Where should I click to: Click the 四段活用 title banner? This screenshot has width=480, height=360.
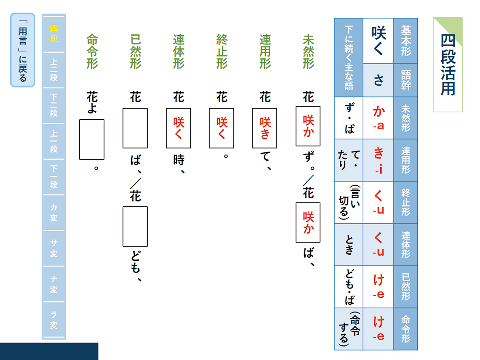point(447,64)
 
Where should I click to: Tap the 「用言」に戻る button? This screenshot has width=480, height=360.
point(22,50)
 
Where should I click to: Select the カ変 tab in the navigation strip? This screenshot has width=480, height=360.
point(54,213)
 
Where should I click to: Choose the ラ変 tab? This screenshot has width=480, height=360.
point(54,320)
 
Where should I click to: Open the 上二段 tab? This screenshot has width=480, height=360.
point(54,70)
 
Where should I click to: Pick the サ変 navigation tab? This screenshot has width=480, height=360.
point(54,249)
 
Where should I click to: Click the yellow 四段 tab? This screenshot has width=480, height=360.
point(54,34)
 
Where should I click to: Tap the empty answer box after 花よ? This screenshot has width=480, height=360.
point(91,139)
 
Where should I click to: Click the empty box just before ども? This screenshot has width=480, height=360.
point(135,226)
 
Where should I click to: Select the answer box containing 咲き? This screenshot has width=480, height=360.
point(265,128)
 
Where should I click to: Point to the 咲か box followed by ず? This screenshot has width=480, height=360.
point(308,126)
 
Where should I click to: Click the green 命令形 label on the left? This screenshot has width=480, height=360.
point(92,51)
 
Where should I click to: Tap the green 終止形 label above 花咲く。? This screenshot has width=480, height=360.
point(222,51)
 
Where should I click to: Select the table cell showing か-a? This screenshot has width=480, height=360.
point(378,118)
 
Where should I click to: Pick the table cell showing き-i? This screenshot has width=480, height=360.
point(378,160)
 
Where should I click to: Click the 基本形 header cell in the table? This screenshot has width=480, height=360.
point(406,40)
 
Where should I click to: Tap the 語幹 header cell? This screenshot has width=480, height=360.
point(406,80)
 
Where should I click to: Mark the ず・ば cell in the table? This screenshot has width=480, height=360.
point(348,118)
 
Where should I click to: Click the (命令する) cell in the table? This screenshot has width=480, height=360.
point(348,329)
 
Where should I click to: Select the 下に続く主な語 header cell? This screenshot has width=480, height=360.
point(348,57)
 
